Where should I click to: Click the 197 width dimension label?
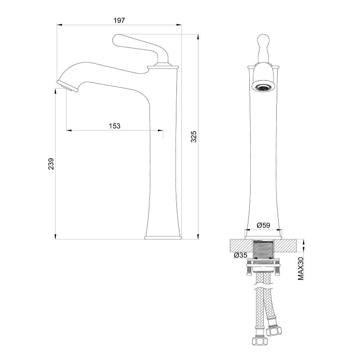pos(119,20)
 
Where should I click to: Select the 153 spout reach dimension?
pos(115,126)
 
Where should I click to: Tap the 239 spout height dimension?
pos(51,164)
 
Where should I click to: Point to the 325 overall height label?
pos(193,137)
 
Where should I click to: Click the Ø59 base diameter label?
pos(264,225)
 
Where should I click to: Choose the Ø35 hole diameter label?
pos(241,255)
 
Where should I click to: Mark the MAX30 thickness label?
pos(301,268)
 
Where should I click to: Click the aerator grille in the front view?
pos(263,87)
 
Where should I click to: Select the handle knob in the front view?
pos(263,49)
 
